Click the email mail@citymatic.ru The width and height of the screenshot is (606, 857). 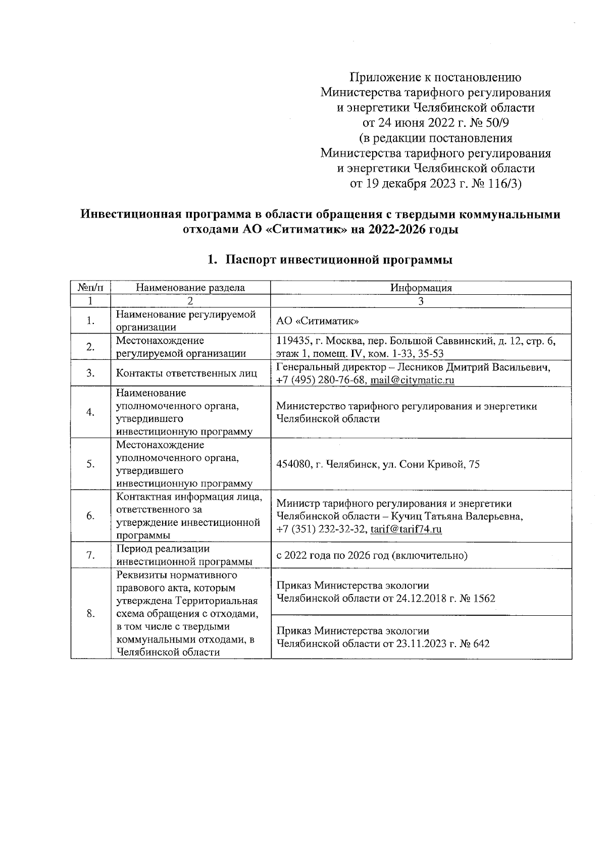pyautogui.click(x=412, y=380)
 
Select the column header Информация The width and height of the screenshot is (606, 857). pyautogui.click(x=421, y=288)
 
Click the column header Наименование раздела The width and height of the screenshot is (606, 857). pyautogui.click(x=190, y=288)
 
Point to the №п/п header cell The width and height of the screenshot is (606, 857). pyautogui.click(x=90, y=288)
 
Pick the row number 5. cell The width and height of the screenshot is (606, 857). pyautogui.click(x=90, y=464)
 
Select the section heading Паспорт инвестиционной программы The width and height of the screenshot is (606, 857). pyautogui.click(x=338, y=260)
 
